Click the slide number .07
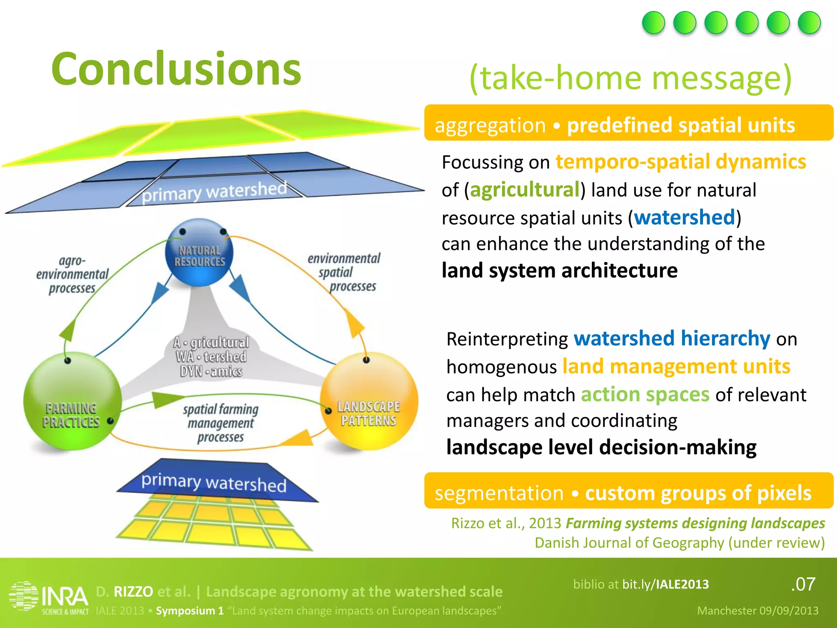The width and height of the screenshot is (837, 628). click(x=803, y=584)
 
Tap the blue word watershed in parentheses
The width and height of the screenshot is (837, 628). click(x=685, y=217)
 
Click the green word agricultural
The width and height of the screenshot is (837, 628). click(x=524, y=190)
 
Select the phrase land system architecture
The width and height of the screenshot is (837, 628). click(x=559, y=271)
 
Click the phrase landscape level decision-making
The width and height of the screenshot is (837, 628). click(x=601, y=447)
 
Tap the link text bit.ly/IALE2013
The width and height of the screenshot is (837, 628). click(x=665, y=584)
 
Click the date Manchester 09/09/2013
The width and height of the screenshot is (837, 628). click(x=757, y=610)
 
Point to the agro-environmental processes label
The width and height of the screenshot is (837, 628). click(x=72, y=274)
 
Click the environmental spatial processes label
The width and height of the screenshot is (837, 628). click(x=345, y=272)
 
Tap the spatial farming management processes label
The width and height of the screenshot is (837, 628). click(x=221, y=423)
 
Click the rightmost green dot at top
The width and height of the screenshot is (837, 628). click(x=809, y=22)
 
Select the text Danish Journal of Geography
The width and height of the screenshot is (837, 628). click(x=631, y=543)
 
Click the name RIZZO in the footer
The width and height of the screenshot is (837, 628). click(x=133, y=591)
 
